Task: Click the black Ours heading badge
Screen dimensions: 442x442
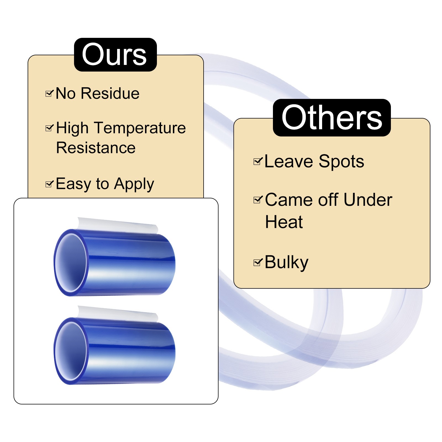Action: (x=115, y=55)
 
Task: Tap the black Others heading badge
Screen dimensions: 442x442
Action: (x=331, y=118)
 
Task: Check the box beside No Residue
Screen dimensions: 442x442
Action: (x=49, y=94)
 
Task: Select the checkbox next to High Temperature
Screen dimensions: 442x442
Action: (x=49, y=128)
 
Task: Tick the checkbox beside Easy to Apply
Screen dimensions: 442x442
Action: (x=49, y=184)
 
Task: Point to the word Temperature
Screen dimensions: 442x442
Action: (x=140, y=128)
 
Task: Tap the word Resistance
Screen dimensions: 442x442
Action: (x=96, y=148)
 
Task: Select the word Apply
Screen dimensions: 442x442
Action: (x=134, y=185)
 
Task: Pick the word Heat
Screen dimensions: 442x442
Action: (x=284, y=222)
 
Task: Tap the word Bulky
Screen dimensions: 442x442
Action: (x=286, y=262)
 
